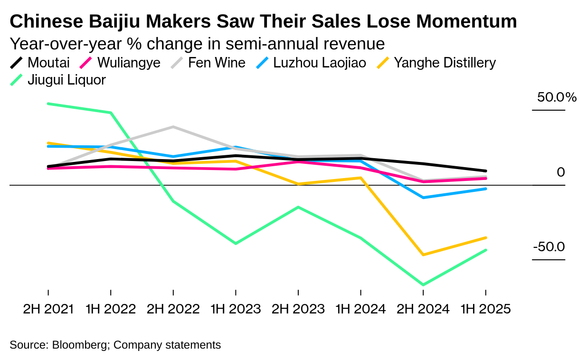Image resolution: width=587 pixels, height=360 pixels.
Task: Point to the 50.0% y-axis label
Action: pyautogui.click(x=557, y=97)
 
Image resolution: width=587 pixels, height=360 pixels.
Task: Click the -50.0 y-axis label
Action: pyautogui.click(x=549, y=247)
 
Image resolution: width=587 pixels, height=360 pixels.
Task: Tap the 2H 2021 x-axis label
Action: pyautogui.click(x=48, y=309)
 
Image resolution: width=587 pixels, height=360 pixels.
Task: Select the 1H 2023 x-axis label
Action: pyautogui.click(x=236, y=309)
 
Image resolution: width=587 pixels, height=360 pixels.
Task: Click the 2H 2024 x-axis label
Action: pyautogui.click(x=423, y=309)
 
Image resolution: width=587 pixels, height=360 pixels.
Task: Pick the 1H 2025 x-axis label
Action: pyautogui.click(x=485, y=309)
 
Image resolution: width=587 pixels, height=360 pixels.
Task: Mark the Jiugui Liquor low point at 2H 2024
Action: pyautogui.click(x=423, y=285)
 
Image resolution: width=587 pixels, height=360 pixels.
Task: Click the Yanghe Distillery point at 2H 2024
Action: pyautogui.click(x=423, y=255)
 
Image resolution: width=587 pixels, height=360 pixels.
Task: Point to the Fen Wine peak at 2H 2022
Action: pyautogui.click(x=173, y=127)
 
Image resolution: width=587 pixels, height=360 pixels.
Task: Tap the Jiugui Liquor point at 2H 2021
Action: pyautogui.click(x=48, y=104)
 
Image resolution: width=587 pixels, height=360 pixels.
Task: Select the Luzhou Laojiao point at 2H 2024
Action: pyautogui.click(x=423, y=197)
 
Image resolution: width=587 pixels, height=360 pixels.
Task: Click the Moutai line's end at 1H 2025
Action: pyautogui.click(x=485, y=171)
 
